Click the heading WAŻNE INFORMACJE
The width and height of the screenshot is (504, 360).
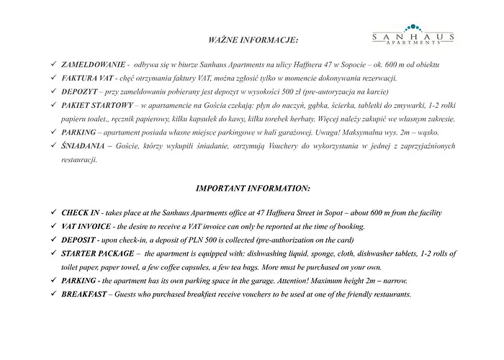tap(252, 37)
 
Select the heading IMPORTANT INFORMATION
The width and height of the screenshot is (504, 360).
tap(253, 189)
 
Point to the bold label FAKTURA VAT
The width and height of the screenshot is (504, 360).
tap(85, 78)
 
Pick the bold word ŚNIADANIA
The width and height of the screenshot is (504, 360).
tap(80, 146)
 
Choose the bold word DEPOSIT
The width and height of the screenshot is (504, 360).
tap(78, 240)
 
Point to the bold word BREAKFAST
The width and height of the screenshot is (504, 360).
tap(85, 294)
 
